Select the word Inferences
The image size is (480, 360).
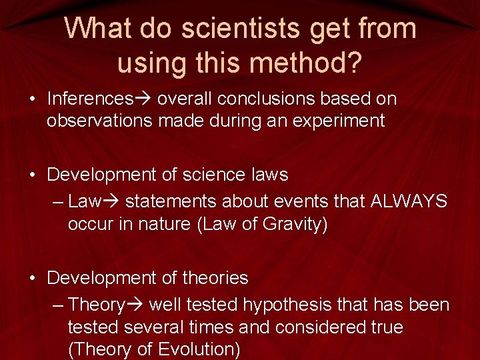click(89, 99)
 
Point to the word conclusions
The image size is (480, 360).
click(267, 99)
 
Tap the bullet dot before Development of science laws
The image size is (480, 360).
click(32, 175)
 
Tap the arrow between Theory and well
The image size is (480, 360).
click(135, 305)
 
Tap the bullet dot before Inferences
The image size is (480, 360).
click(32, 100)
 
